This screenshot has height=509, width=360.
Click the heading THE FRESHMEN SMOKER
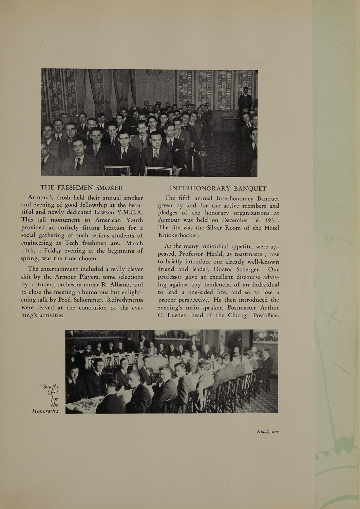[81, 188]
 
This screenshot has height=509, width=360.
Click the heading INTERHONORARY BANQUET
[218, 188]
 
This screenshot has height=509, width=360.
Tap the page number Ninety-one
[267, 432]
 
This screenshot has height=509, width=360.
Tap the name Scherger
[245, 269]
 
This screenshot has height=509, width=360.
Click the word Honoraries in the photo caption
[45, 411]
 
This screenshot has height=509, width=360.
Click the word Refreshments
[121, 300]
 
